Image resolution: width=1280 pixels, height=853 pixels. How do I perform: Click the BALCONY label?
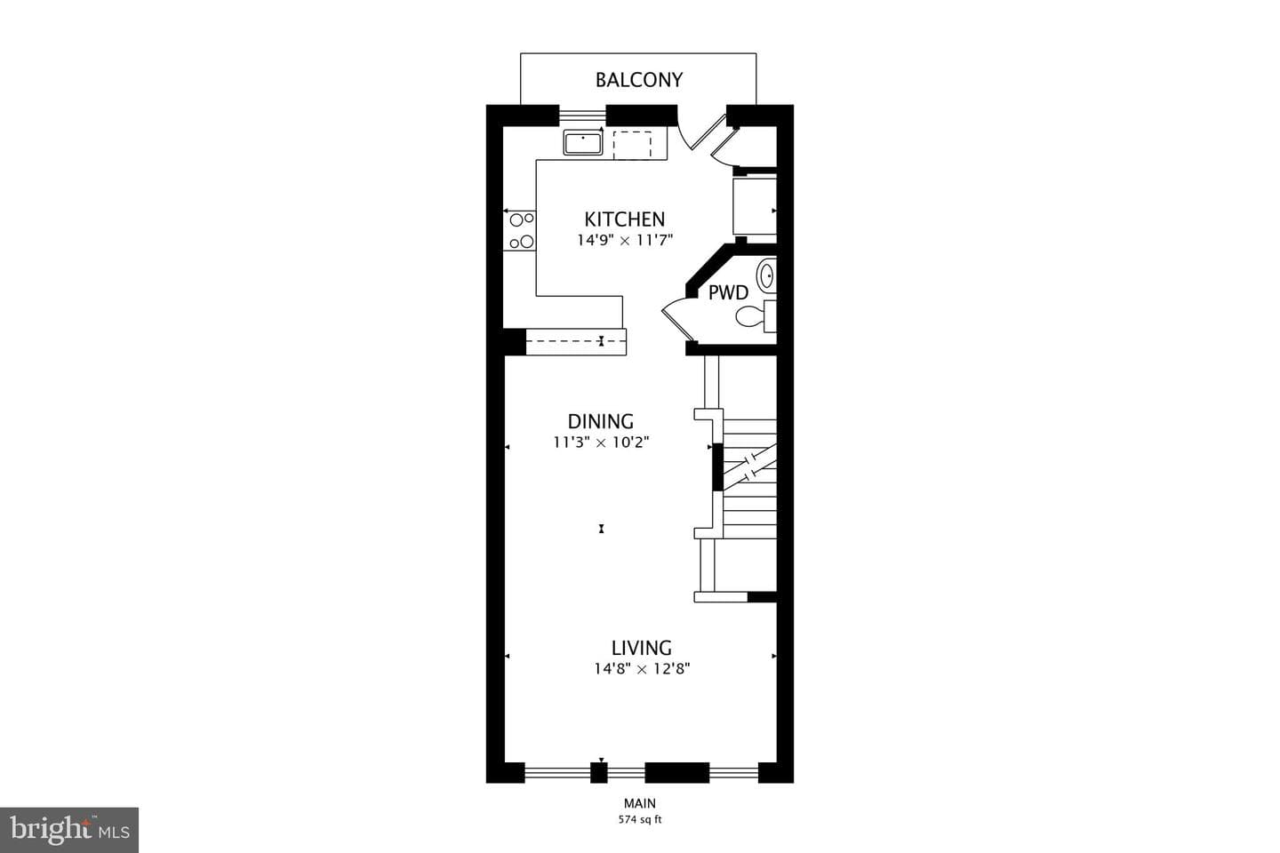(639, 80)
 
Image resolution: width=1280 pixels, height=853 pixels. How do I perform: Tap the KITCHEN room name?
(625, 219)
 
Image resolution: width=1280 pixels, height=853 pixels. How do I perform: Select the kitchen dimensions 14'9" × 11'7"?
(625, 240)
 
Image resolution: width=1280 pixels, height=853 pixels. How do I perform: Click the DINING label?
(601, 422)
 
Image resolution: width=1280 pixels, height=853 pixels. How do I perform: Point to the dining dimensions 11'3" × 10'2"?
(601, 442)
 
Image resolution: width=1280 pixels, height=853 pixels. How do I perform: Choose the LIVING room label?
(642, 648)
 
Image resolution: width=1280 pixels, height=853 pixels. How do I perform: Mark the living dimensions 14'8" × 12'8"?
(643, 668)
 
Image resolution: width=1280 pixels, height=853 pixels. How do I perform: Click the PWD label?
(728, 293)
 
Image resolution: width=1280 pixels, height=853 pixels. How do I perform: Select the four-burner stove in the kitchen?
(520, 230)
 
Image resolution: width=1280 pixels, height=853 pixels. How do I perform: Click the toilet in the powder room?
(756, 316)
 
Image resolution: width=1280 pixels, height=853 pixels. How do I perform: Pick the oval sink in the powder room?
(767, 276)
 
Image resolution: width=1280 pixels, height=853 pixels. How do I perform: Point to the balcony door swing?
(702, 132)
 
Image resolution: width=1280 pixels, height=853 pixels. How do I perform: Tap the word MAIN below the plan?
(640, 803)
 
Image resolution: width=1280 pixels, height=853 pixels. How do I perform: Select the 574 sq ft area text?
(640, 820)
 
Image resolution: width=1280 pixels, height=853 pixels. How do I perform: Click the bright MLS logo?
(69, 830)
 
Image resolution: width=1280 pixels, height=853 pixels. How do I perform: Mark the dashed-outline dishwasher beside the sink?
(632, 145)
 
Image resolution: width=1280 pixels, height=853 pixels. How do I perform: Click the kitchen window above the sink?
(581, 116)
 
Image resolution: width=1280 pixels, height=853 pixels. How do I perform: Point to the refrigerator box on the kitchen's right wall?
(755, 205)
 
